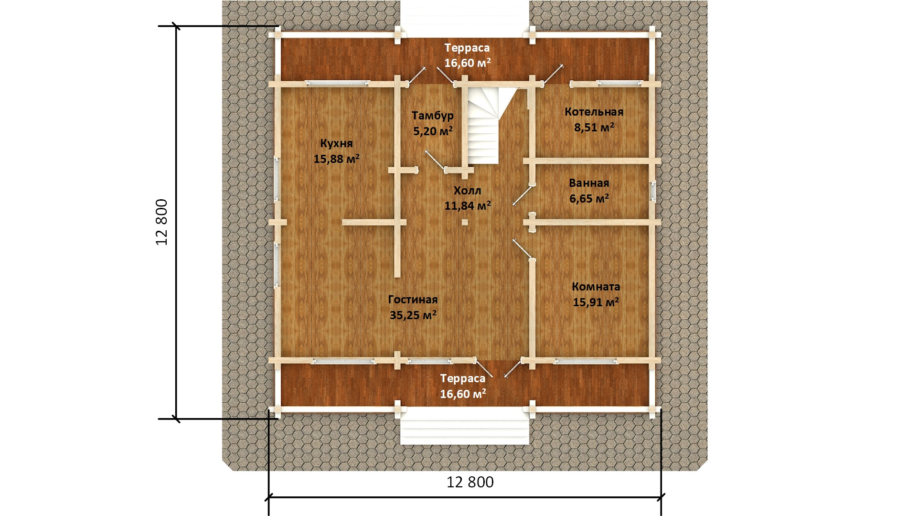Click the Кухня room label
[x=336, y=143]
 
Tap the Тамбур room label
[x=433, y=116]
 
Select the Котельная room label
[x=594, y=112]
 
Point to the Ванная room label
[x=589, y=183]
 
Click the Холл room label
[x=467, y=191]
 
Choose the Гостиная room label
[x=413, y=300]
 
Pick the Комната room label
[x=596, y=287]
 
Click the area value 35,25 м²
[x=413, y=315]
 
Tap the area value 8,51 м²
[x=594, y=128]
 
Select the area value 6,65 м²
[x=589, y=198]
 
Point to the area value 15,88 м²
[x=336, y=159]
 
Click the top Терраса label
[x=467, y=48]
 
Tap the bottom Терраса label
[x=463, y=378]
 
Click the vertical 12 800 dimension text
[x=162, y=222]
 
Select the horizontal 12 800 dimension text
[x=470, y=482]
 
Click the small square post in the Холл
[x=464, y=222]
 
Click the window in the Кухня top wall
[x=337, y=83]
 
